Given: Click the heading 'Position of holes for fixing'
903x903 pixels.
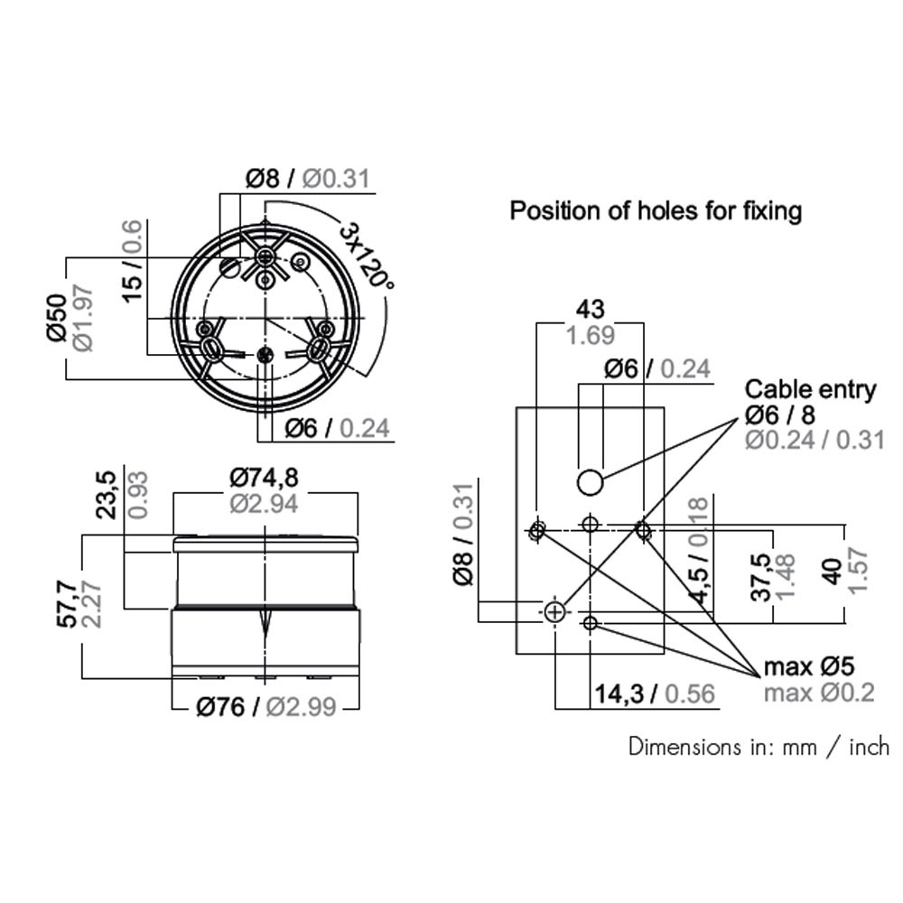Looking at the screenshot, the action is [x=656, y=211].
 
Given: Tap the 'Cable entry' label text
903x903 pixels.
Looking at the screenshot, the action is [x=810, y=390].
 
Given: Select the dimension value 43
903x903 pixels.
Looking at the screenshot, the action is [x=591, y=309].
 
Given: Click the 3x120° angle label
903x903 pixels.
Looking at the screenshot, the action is [x=367, y=256].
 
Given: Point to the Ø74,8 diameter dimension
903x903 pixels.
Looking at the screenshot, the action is [x=265, y=478].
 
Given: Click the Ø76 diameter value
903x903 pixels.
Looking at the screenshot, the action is [x=220, y=707].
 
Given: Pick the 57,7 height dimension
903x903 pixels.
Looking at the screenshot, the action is [x=67, y=604].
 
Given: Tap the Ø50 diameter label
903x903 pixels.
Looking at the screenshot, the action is [x=58, y=318].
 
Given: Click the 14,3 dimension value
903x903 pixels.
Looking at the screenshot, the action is [x=619, y=694].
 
